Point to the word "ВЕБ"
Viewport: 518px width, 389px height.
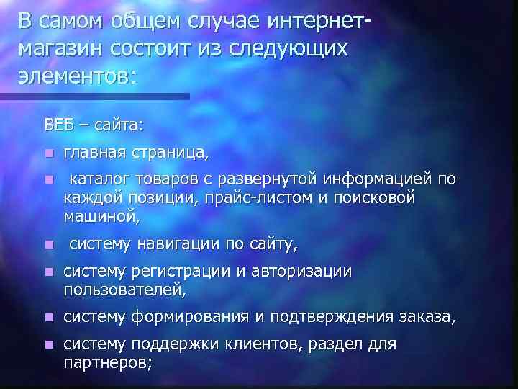[59, 125]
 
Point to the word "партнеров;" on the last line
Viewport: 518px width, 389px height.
[108, 362]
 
